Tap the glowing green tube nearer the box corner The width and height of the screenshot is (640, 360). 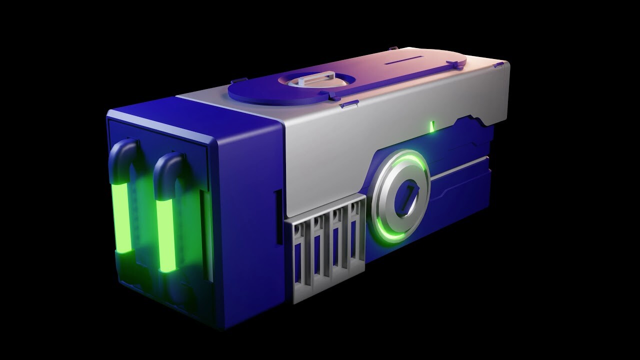pos(166,234)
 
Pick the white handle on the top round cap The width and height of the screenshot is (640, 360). pos(314,78)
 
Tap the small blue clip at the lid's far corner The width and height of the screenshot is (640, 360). pos(498,64)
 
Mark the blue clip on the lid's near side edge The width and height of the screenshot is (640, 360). pos(349,104)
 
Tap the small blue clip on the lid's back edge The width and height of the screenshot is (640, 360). pos(393,48)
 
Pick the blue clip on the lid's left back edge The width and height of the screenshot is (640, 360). pos(238,80)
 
